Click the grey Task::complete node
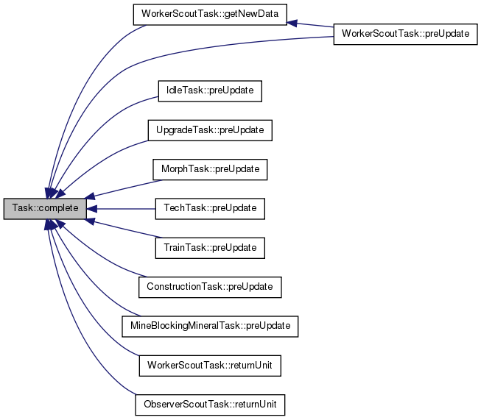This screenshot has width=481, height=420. (45, 208)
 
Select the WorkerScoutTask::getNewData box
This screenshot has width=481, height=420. (209, 14)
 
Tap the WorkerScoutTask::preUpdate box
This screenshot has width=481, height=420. (405, 35)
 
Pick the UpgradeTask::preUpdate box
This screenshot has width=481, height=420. (210, 130)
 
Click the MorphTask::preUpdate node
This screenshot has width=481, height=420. (210, 169)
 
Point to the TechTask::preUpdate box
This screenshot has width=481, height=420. (210, 208)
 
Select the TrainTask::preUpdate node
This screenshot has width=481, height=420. (210, 248)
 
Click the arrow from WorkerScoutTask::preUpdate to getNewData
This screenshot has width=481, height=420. (313, 26)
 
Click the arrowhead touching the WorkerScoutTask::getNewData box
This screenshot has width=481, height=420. (292, 24)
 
